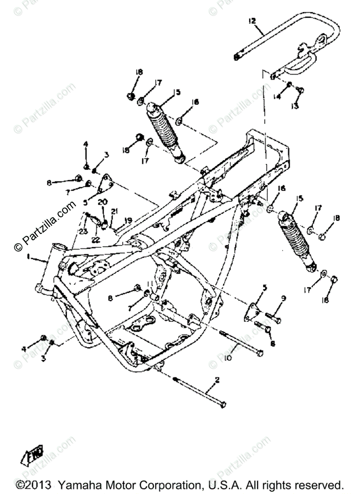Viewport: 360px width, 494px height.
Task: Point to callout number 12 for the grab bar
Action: coord(252,21)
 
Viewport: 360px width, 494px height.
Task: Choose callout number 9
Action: coord(283,298)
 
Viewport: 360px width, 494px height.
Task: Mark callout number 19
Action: coord(128,221)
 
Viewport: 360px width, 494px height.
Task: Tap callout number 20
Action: coord(102,202)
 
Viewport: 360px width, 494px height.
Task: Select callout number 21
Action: coord(114,211)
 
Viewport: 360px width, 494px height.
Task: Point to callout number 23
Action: coord(84,232)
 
